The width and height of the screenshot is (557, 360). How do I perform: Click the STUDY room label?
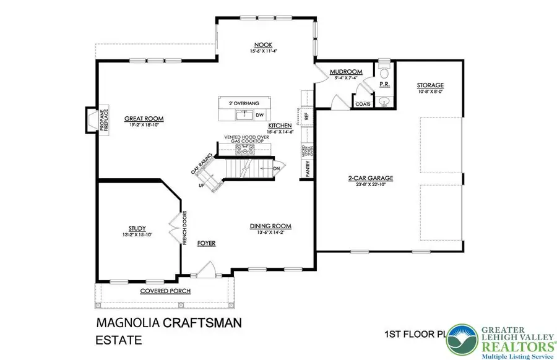pos(137,229)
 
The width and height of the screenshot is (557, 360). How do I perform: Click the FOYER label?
pos(206,244)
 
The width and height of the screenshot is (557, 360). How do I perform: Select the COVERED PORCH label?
pos(165,291)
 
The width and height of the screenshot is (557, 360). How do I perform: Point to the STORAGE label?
pos(430,85)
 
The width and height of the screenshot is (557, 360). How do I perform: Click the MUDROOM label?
pos(341,72)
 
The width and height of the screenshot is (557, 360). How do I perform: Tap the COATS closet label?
pos(363,104)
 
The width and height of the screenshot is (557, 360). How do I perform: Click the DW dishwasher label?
pos(259,114)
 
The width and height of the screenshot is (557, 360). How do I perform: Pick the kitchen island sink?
pos(244,114)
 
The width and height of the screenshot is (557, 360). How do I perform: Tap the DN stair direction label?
pos(275,167)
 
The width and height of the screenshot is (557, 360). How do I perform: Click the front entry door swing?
pos(207,268)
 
